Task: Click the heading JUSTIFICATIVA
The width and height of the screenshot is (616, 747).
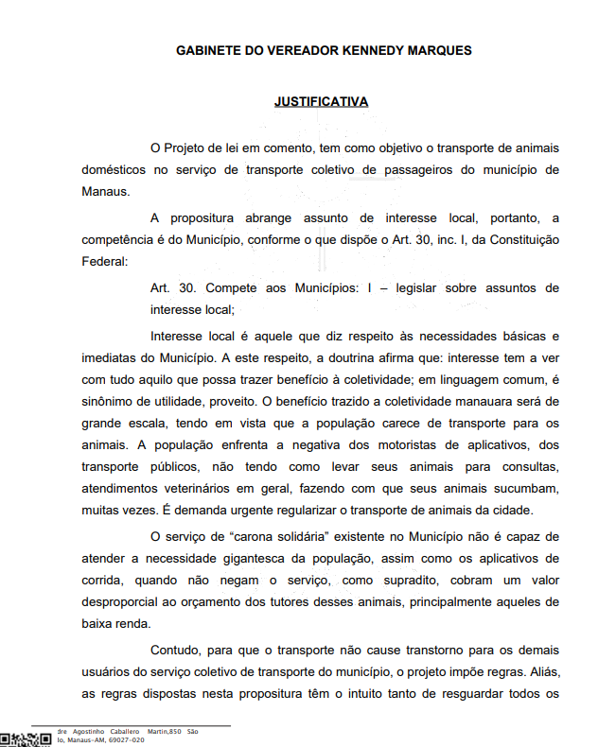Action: coord(321,101)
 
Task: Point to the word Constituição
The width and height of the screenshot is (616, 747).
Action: coord(520,240)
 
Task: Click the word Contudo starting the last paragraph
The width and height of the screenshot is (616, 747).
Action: coord(174,651)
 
